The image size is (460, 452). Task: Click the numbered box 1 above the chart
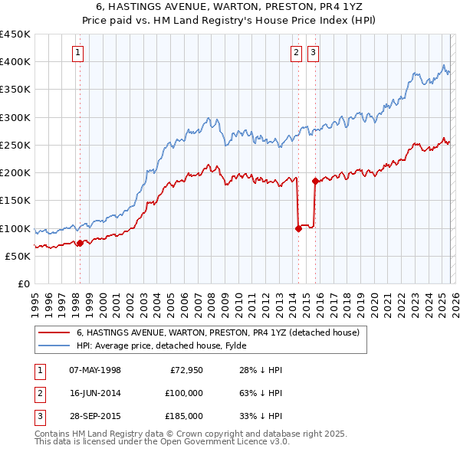coord(79,53)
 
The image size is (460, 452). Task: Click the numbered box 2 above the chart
coord(296,53)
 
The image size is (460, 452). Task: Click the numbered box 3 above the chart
coord(314,53)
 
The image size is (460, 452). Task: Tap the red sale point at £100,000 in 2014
coord(298,228)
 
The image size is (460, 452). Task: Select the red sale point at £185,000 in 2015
coord(315,181)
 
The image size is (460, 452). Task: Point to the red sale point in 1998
coord(80,243)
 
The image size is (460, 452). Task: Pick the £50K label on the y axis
coord(18,257)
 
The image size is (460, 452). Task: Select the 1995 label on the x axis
coord(34,299)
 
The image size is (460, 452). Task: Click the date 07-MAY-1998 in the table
coord(95,370)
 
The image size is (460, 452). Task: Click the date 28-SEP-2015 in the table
coord(95,416)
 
